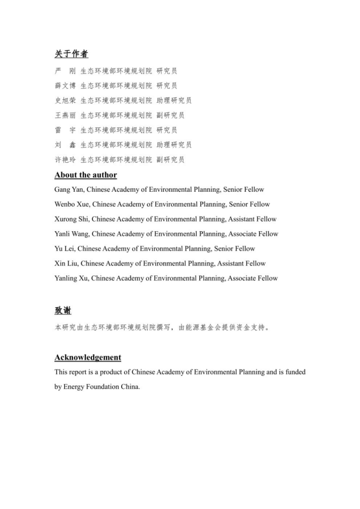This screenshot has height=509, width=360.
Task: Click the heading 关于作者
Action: [x=71, y=54]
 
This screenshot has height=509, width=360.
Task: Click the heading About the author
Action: [x=86, y=175]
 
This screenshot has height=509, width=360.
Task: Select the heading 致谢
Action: [x=63, y=311]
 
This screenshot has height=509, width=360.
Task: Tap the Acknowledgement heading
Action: [x=88, y=357]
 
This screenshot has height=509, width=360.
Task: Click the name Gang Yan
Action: [x=66, y=190]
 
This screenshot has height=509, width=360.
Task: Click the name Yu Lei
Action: [x=64, y=248]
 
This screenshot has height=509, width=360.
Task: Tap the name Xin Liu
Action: [x=66, y=263]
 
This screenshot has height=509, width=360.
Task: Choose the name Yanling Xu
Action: [x=72, y=278]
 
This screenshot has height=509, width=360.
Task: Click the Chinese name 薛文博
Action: [x=65, y=86]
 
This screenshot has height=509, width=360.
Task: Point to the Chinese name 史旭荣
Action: [x=65, y=100]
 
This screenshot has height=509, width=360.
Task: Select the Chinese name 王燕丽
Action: [x=65, y=115]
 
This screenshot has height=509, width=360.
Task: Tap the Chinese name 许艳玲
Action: [x=65, y=160]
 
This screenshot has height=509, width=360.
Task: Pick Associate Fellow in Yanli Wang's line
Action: [x=253, y=234]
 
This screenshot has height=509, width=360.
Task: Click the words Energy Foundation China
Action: [x=96, y=386]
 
